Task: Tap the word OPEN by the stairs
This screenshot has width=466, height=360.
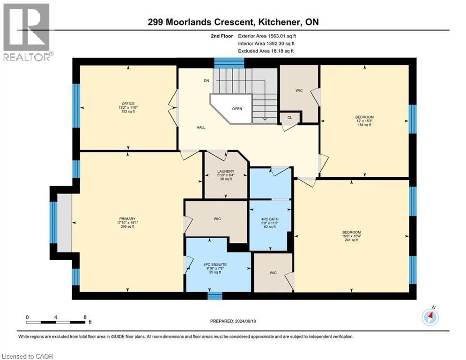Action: click(237, 109)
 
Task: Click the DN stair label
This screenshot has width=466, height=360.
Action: click(207, 81)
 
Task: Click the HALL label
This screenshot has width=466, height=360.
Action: click(200, 127)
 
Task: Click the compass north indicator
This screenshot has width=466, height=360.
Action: click(430, 317)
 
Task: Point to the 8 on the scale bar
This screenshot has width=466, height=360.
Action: click(84, 317)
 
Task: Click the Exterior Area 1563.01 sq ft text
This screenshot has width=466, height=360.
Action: click(267, 35)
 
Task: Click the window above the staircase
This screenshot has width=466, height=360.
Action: click(229, 62)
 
